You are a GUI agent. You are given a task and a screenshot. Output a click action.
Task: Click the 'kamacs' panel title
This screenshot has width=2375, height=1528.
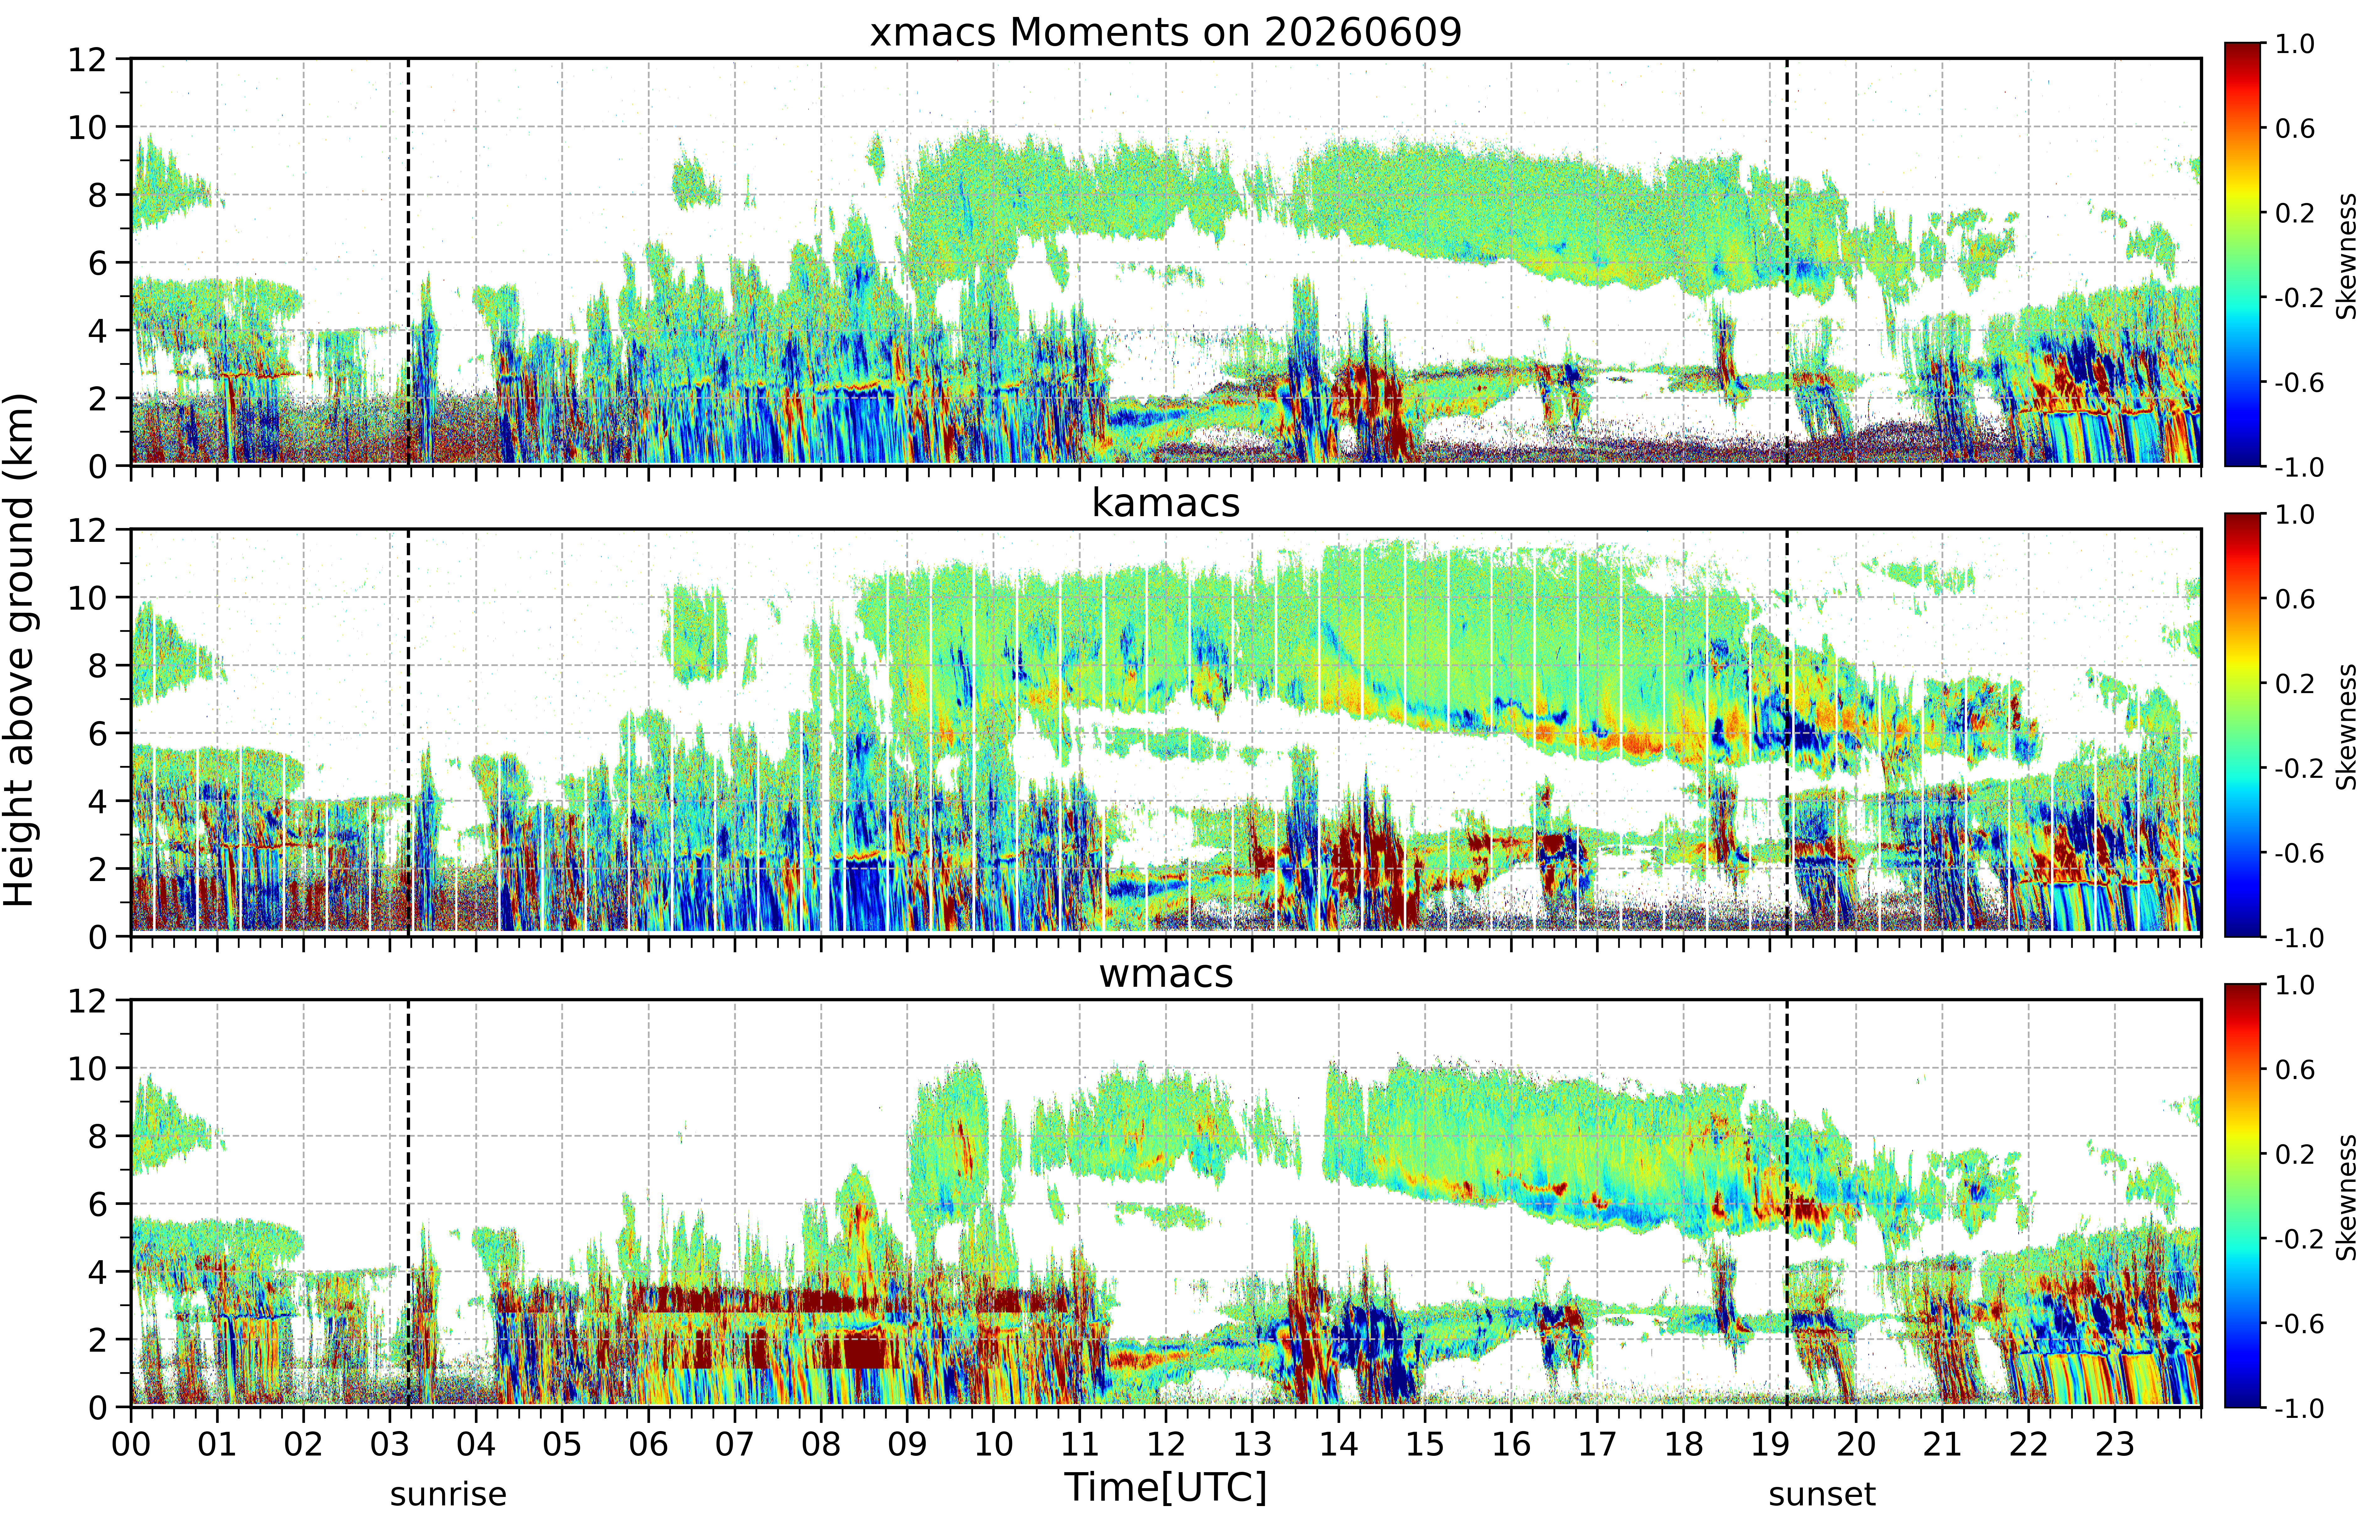(x=1166, y=503)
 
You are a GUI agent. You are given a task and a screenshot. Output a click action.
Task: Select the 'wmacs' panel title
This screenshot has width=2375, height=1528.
(x=1166, y=973)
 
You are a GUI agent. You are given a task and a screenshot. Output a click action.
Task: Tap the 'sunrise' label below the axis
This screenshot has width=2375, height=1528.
(x=448, y=1494)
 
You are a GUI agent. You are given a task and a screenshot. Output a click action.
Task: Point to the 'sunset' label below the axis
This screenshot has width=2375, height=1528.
(x=1821, y=1494)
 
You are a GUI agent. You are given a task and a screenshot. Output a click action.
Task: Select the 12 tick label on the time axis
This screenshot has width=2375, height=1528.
(x=1166, y=1444)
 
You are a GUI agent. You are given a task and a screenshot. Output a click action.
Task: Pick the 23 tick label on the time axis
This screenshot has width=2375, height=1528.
(x=2114, y=1444)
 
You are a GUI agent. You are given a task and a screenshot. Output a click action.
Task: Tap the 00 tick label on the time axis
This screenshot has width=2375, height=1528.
(x=131, y=1444)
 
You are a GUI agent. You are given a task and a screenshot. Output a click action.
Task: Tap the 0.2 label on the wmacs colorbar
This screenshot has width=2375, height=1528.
(x=2295, y=1154)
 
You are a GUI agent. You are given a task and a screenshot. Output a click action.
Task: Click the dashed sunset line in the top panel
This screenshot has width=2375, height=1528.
(x=1787, y=262)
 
